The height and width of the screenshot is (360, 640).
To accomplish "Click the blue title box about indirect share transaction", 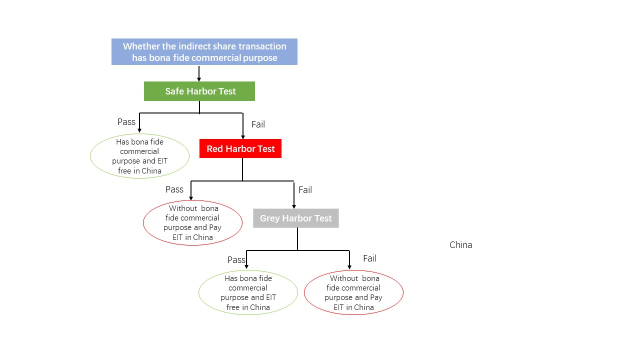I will (204, 52).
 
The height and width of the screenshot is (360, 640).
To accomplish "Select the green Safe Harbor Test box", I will (199, 91).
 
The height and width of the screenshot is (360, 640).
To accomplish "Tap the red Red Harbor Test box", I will (240, 148).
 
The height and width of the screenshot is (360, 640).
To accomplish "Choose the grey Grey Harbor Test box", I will (295, 218).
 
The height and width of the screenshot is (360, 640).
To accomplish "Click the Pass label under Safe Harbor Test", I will (126, 122).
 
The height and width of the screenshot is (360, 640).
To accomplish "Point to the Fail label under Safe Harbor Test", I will (258, 124).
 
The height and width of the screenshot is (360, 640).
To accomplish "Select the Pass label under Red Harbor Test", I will (174, 189).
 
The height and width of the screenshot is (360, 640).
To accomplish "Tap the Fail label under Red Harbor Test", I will (305, 190).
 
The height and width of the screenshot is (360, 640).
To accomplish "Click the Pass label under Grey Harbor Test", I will (236, 260).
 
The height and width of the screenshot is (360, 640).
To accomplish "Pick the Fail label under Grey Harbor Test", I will (369, 258).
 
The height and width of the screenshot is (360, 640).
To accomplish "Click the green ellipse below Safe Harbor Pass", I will (139, 156).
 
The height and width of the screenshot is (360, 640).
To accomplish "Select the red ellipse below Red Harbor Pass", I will (192, 223).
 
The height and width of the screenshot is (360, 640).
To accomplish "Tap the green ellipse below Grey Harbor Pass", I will (248, 292).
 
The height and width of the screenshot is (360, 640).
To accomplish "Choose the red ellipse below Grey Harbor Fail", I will (353, 292).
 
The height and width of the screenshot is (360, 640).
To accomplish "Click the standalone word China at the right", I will (460, 245).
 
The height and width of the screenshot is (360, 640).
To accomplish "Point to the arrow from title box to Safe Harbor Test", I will (199, 73).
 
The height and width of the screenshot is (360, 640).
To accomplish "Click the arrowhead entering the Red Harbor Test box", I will (242, 136).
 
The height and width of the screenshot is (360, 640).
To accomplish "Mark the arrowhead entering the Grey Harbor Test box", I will (293, 205).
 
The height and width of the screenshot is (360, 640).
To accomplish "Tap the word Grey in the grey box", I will (270, 218).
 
